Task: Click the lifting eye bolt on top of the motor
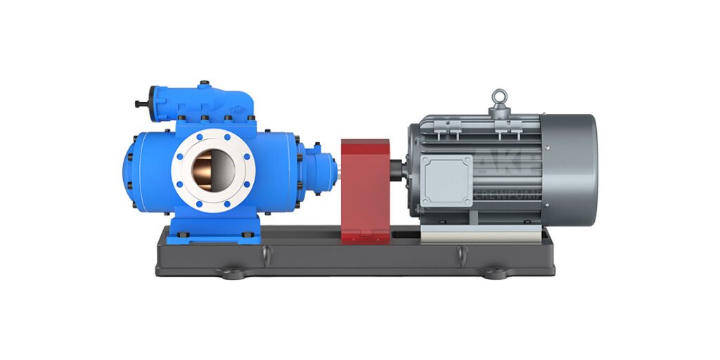click(x=499, y=98)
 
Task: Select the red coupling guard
click(x=365, y=190)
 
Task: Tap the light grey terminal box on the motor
click(x=446, y=180)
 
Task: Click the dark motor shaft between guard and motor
click(x=399, y=171)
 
